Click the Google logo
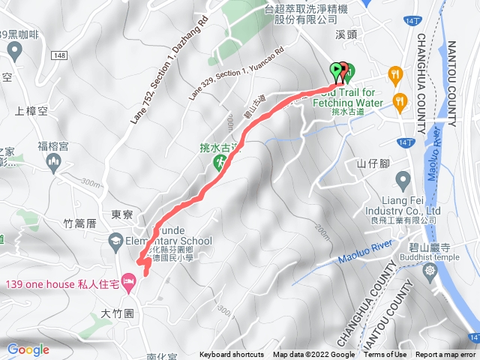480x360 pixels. click(28, 349)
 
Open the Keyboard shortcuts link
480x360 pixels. click(232, 355)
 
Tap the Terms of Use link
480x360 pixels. click(385, 355)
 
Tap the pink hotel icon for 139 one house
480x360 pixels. click(127, 282)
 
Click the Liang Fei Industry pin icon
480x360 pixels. click(403, 179)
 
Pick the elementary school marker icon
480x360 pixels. click(115, 241)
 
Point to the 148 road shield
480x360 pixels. click(61, 56)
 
